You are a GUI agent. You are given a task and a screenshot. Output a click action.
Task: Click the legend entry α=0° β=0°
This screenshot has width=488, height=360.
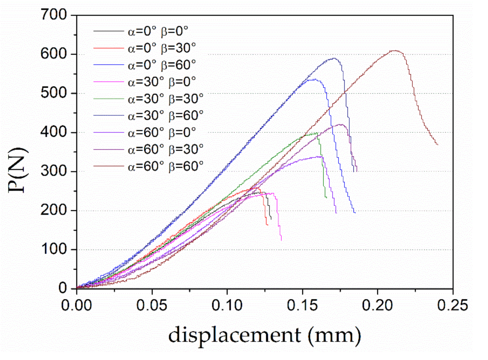158,31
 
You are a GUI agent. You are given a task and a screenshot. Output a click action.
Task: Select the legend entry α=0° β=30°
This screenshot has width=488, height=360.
162,48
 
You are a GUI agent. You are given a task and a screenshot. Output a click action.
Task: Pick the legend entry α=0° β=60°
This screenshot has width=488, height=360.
162,65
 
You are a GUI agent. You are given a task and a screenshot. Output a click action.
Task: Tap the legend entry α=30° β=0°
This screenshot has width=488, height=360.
162,82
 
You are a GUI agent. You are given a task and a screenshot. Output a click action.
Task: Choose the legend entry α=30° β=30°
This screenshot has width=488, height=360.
165,99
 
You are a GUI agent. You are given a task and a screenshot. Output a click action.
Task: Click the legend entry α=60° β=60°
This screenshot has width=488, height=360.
165,166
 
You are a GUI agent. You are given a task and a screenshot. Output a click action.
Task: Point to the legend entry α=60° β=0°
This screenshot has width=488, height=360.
162,132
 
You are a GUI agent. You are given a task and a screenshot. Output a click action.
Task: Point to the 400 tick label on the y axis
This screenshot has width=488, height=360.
54,132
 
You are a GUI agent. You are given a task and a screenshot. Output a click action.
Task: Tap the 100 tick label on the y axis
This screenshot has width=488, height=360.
54,249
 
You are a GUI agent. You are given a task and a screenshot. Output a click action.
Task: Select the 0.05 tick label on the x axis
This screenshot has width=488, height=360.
152,305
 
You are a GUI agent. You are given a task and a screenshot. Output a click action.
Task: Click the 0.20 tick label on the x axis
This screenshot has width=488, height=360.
377,305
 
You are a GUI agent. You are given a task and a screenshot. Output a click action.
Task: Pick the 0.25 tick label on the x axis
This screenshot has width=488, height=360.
452,305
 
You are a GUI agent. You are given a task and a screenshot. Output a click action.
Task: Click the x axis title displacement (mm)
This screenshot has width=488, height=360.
265,335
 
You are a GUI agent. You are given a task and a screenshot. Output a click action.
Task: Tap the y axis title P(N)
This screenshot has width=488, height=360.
17,171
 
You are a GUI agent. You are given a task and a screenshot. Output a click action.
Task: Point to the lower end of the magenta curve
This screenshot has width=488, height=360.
281,240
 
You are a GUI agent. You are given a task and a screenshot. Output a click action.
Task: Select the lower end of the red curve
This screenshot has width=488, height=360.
267,225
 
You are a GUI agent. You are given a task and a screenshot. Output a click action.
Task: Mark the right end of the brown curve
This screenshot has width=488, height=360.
438,145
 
